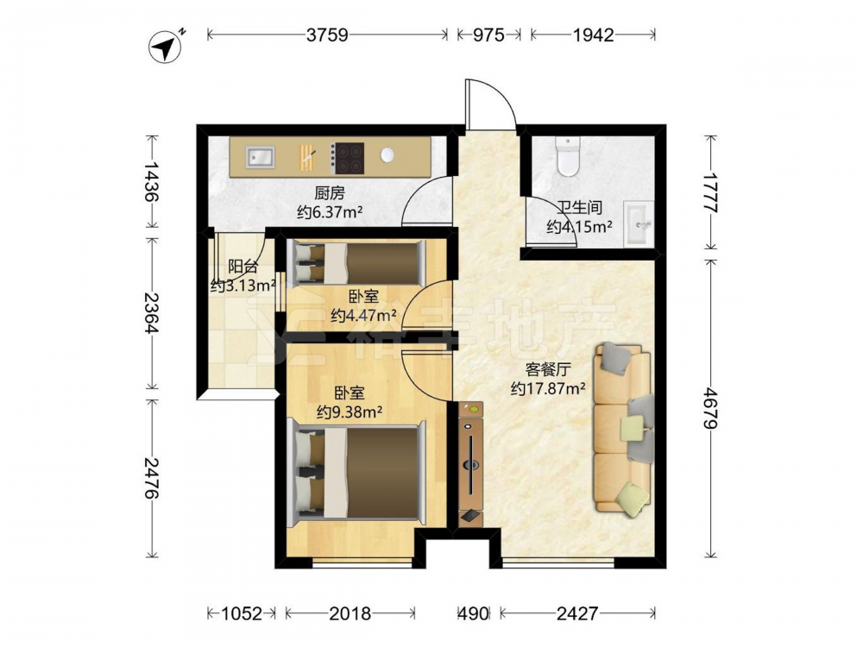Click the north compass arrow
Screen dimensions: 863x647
click(167, 48)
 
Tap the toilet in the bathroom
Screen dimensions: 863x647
click(568, 156)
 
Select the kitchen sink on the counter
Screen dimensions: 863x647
click(261, 157)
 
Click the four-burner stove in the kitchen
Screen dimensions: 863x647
click(348, 158)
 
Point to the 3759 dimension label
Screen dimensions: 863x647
click(327, 35)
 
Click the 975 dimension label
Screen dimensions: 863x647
click(488, 35)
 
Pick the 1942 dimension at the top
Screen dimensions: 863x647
click(594, 35)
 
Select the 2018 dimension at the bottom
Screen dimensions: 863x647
click(350, 612)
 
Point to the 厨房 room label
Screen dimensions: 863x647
click(330, 193)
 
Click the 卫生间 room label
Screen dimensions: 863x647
click(580, 207)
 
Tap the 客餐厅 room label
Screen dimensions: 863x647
click(548, 369)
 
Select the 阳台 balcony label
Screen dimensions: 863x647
click(243, 267)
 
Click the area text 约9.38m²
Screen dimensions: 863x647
click(350, 411)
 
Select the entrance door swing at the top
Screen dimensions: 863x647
click(491, 104)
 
